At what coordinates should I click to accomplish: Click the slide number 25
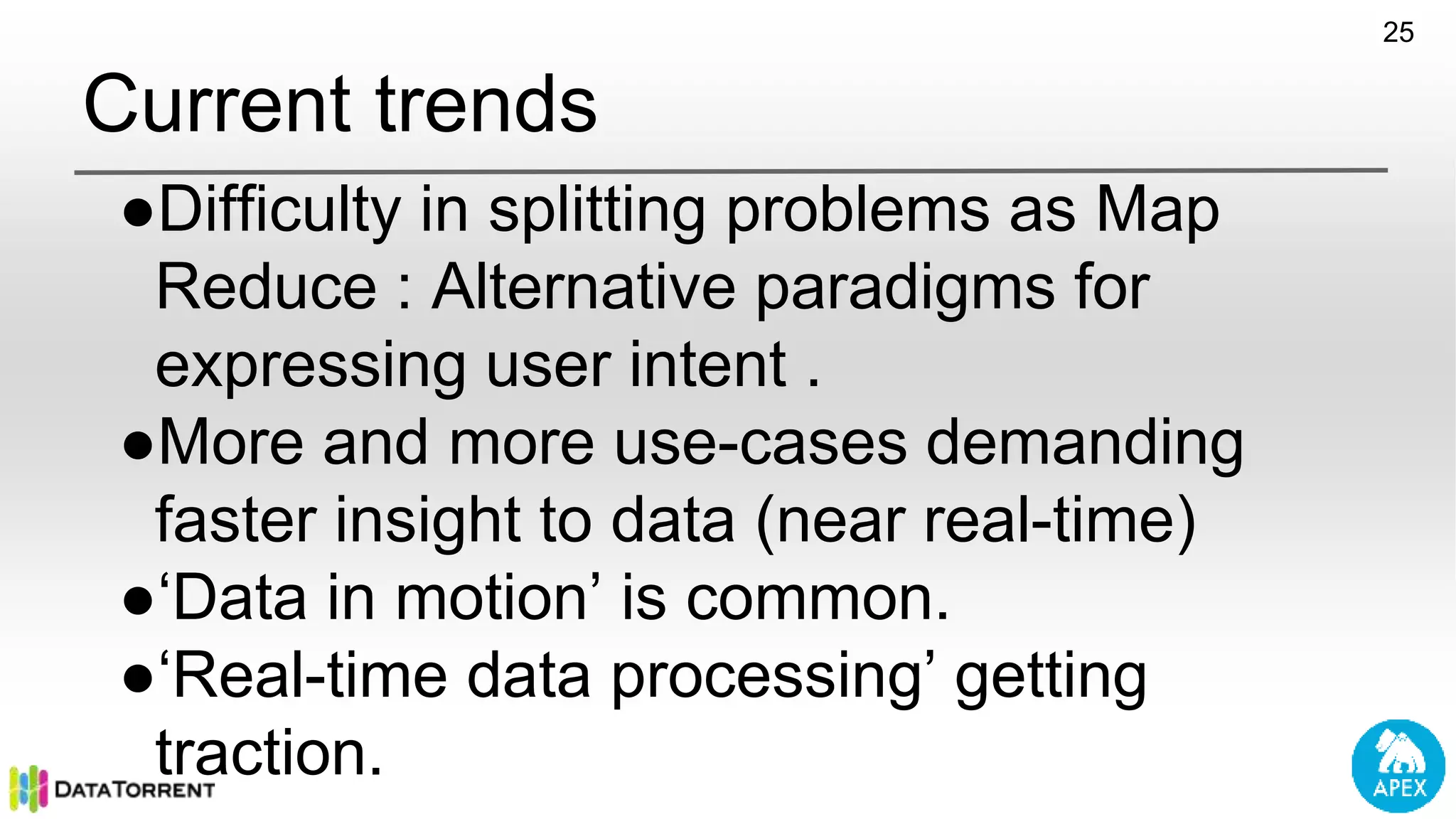(x=1398, y=33)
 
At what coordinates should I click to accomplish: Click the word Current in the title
(x=217, y=105)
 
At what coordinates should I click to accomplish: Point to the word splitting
(x=596, y=210)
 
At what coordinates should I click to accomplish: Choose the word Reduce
(x=266, y=287)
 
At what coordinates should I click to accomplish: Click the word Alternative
(x=584, y=287)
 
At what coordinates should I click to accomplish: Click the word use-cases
(x=760, y=443)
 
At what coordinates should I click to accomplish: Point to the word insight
(x=427, y=521)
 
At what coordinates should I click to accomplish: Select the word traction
(x=269, y=753)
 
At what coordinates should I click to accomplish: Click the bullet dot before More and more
(x=137, y=446)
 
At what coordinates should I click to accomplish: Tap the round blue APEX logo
(x=1398, y=766)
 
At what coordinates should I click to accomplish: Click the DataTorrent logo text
(x=134, y=790)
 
